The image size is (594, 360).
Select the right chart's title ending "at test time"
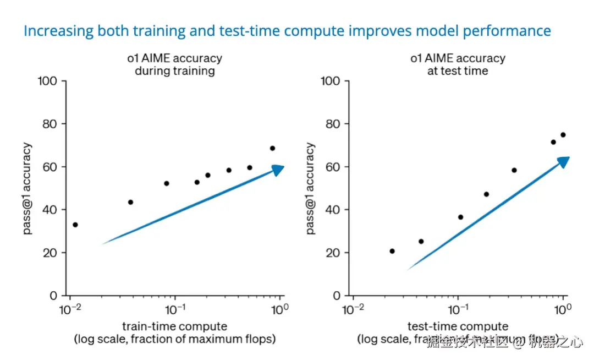(x=458, y=64)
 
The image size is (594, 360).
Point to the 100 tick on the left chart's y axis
(x=48, y=81)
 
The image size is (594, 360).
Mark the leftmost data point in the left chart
(x=75, y=225)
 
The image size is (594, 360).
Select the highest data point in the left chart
(x=272, y=148)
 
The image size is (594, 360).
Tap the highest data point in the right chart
(x=563, y=135)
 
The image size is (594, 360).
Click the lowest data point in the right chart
(x=392, y=251)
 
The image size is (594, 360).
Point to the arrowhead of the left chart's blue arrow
(x=278, y=170)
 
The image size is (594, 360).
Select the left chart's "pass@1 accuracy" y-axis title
(x=28, y=188)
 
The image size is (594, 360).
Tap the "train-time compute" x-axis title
(x=174, y=326)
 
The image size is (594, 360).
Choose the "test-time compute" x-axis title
(x=458, y=326)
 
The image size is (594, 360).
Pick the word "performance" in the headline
(x=507, y=31)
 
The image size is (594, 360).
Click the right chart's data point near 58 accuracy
(x=514, y=170)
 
